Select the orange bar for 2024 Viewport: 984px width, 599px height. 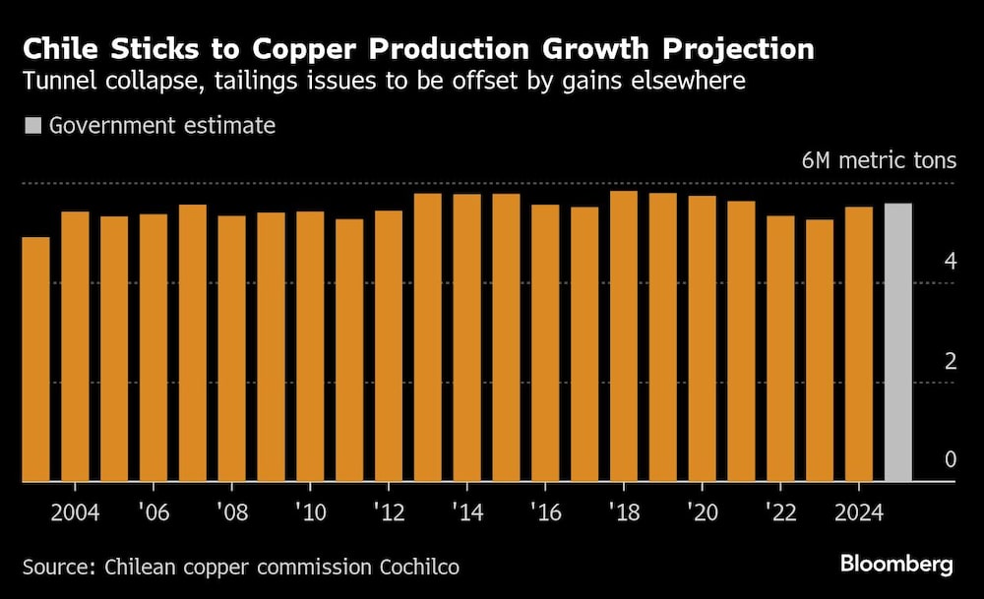click(858, 344)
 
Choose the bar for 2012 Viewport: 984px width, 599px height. click(388, 345)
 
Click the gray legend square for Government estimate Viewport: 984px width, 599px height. click(32, 126)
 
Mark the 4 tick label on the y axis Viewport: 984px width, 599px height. click(950, 262)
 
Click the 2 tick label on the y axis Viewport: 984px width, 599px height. click(950, 361)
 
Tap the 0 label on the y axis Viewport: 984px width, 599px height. click(950, 459)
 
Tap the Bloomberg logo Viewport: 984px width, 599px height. click(896, 564)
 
